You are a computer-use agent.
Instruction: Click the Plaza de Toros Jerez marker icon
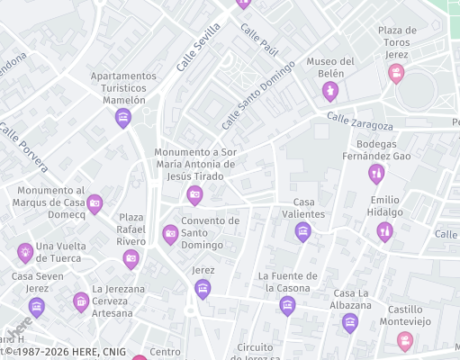(396, 73)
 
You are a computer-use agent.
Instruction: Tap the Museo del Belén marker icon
(330, 91)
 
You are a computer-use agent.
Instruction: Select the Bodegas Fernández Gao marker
(376, 174)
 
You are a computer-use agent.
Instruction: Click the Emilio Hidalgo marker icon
(384, 231)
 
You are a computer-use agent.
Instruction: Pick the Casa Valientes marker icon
(303, 231)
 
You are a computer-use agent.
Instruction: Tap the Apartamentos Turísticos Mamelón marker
(123, 117)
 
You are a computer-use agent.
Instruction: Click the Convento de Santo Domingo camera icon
(170, 234)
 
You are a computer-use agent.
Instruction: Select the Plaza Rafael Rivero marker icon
(131, 259)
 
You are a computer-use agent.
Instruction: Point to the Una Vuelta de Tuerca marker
(24, 252)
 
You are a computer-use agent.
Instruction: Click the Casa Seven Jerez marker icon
(37, 306)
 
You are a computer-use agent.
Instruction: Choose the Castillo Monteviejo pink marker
(404, 340)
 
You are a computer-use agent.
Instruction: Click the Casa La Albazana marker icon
(350, 323)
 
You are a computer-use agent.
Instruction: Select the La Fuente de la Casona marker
(287, 306)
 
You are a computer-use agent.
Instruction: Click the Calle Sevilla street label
(198, 47)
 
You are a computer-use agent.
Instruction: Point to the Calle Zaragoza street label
(360, 121)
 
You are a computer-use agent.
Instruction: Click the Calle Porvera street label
(23, 148)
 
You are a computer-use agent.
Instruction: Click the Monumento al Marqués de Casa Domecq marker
(95, 204)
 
